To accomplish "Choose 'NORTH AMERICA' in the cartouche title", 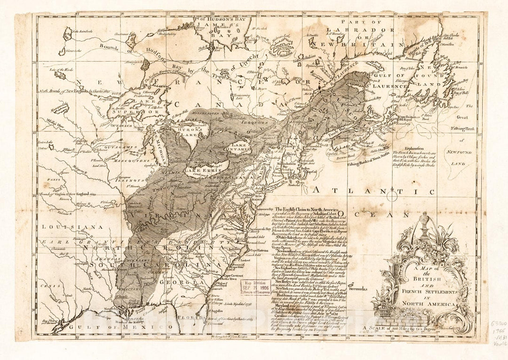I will coord(426,305).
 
